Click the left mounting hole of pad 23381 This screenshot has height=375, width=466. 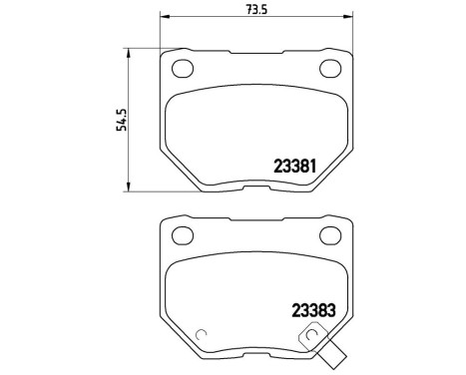pos(183,69)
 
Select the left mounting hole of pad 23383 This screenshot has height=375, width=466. pos(183,235)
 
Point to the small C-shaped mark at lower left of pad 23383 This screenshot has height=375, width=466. pos(200,336)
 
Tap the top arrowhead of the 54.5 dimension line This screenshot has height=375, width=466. pos(127,48)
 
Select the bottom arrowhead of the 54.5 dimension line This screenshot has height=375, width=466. pos(127,187)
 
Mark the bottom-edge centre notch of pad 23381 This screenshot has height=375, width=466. pos(256,187)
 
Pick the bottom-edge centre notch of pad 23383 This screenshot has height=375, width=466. pos(256,353)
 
